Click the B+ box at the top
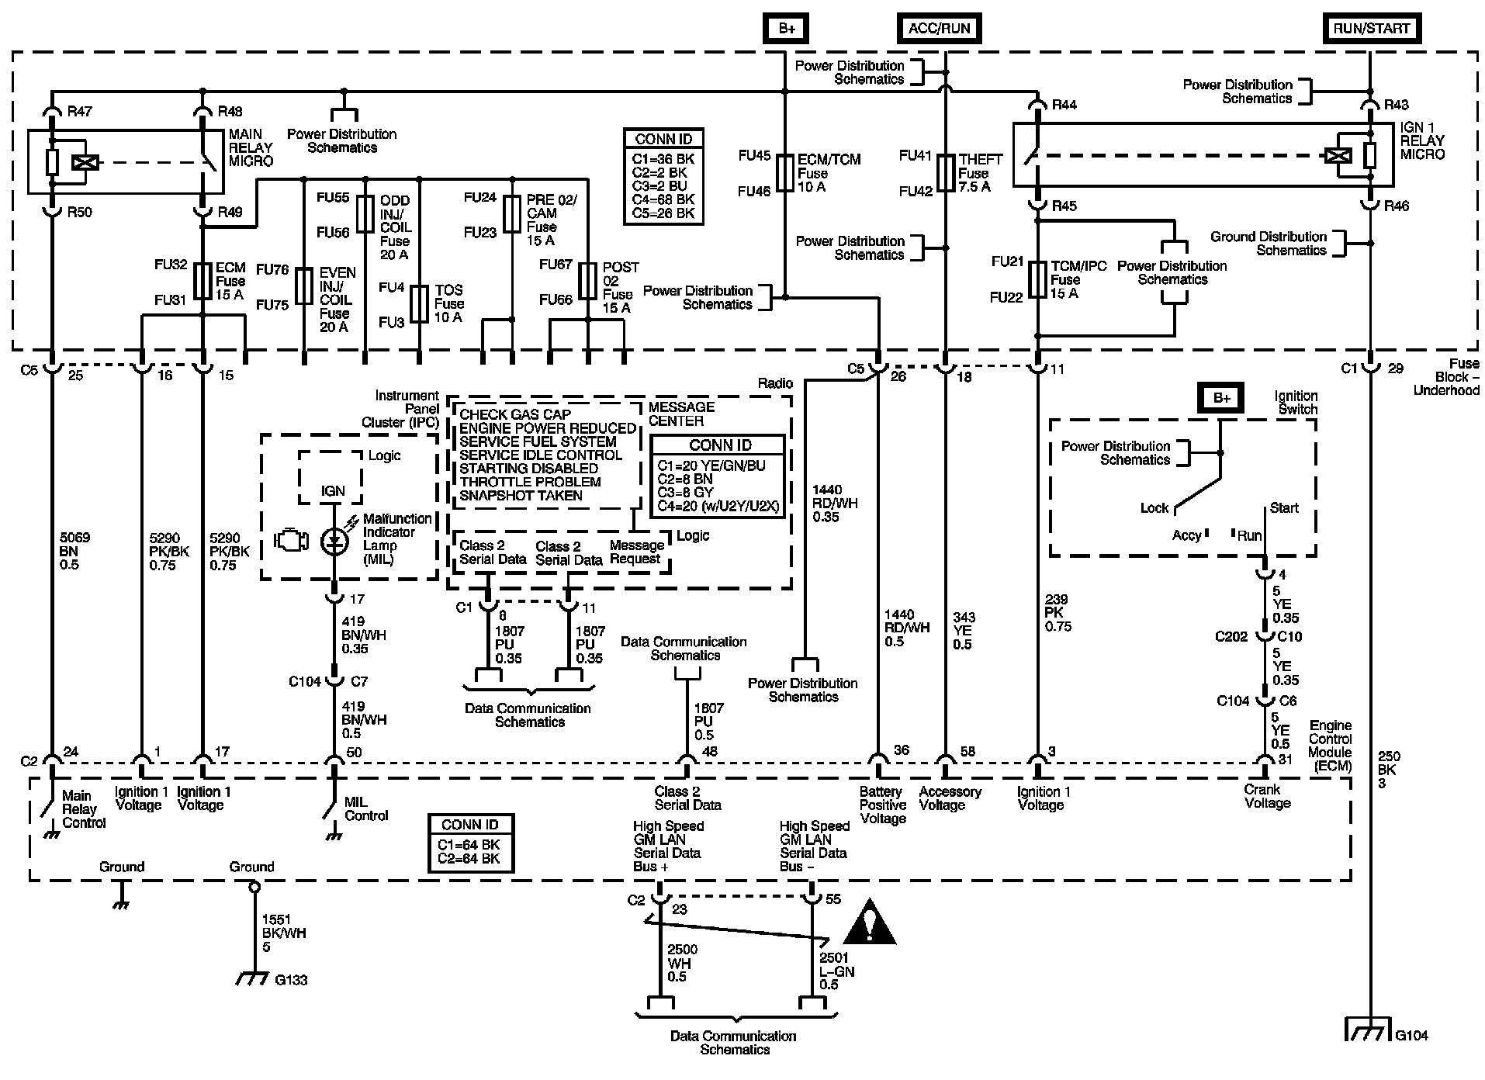coord(787,29)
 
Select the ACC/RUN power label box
coord(939,29)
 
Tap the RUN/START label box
coord(1370,29)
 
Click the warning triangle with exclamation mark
coord(870,923)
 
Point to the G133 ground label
coord(292,980)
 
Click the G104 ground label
coord(1411,1035)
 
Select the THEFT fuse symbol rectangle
coord(946,172)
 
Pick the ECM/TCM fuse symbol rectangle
coord(785,172)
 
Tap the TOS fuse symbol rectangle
coord(419,303)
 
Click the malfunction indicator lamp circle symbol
coord(335,542)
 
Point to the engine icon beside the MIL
coord(292,540)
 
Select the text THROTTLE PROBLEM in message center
coord(530,482)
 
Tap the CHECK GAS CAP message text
coord(514,414)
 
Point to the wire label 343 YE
coord(963,631)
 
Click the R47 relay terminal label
coord(80,111)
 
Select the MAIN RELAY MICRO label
coord(251,147)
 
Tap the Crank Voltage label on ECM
coord(1267,796)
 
